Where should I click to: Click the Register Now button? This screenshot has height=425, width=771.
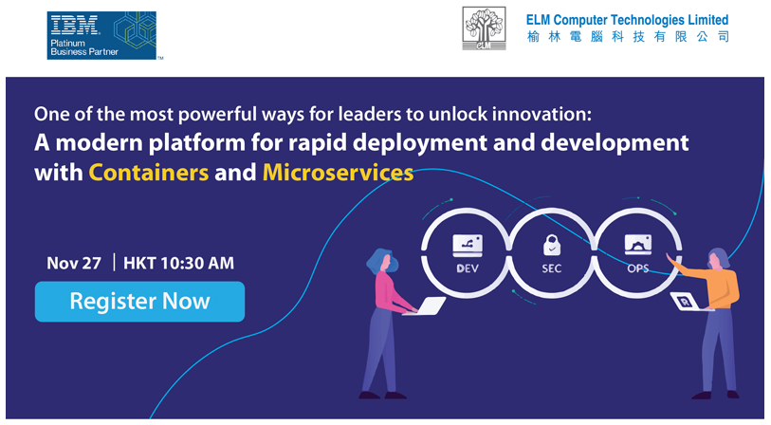click(139, 302)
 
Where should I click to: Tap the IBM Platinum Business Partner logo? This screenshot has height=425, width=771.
click(101, 35)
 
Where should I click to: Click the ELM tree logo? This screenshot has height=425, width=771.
click(484, 28)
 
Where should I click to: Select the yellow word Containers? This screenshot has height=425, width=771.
click(149, 173)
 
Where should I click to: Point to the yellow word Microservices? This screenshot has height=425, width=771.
click(338, 173)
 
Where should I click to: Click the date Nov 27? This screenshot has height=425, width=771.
click(74, 263)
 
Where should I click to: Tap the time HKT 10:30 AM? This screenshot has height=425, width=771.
click(178, 263)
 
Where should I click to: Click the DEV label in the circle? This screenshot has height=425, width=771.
click(468, 268)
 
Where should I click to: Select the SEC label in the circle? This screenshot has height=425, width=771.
click(551, 268)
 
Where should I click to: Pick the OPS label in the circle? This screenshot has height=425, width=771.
click(637, 268)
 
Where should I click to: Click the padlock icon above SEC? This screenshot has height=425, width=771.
click(552, 245)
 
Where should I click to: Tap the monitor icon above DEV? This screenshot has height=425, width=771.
click(468, 246)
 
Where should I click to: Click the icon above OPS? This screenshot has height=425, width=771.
click(637, 245)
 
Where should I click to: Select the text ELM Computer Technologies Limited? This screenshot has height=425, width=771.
click(627, 20)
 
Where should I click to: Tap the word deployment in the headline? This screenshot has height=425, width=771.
click(420, 143)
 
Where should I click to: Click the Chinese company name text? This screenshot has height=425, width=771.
click(628, 36)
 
